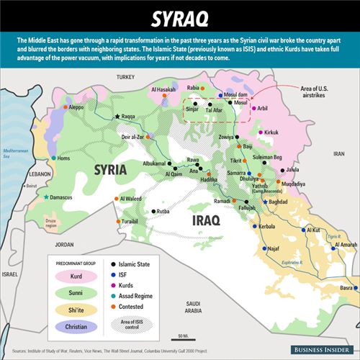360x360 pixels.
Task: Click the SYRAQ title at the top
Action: click(179, 16)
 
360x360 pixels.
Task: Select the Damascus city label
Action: click(65, 197)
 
